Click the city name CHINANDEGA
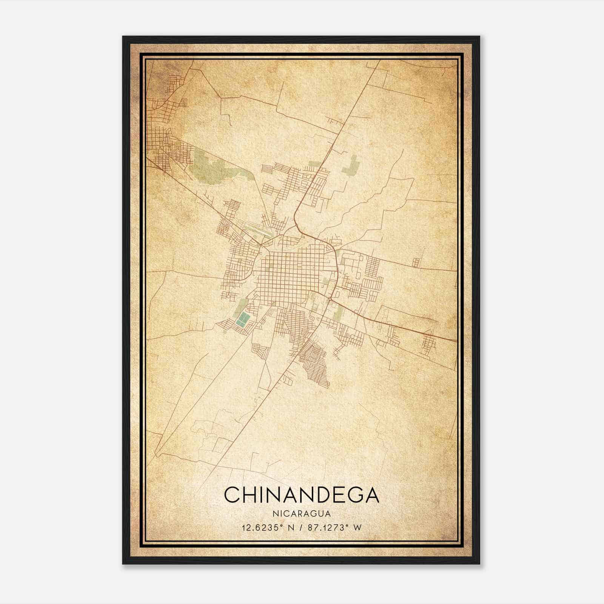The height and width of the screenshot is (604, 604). click(301, 495)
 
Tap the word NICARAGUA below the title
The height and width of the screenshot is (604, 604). click(301, 514)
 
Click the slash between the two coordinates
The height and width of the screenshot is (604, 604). click(300, 528)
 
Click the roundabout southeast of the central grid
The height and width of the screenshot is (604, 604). click(330, 299)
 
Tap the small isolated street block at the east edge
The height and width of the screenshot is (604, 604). click(416, 262)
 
